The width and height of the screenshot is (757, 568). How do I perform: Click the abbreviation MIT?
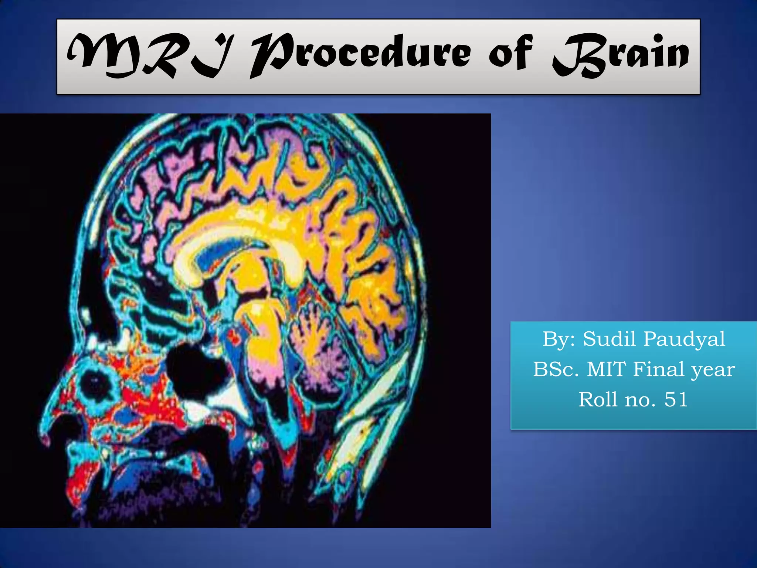[x=607, y=369]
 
